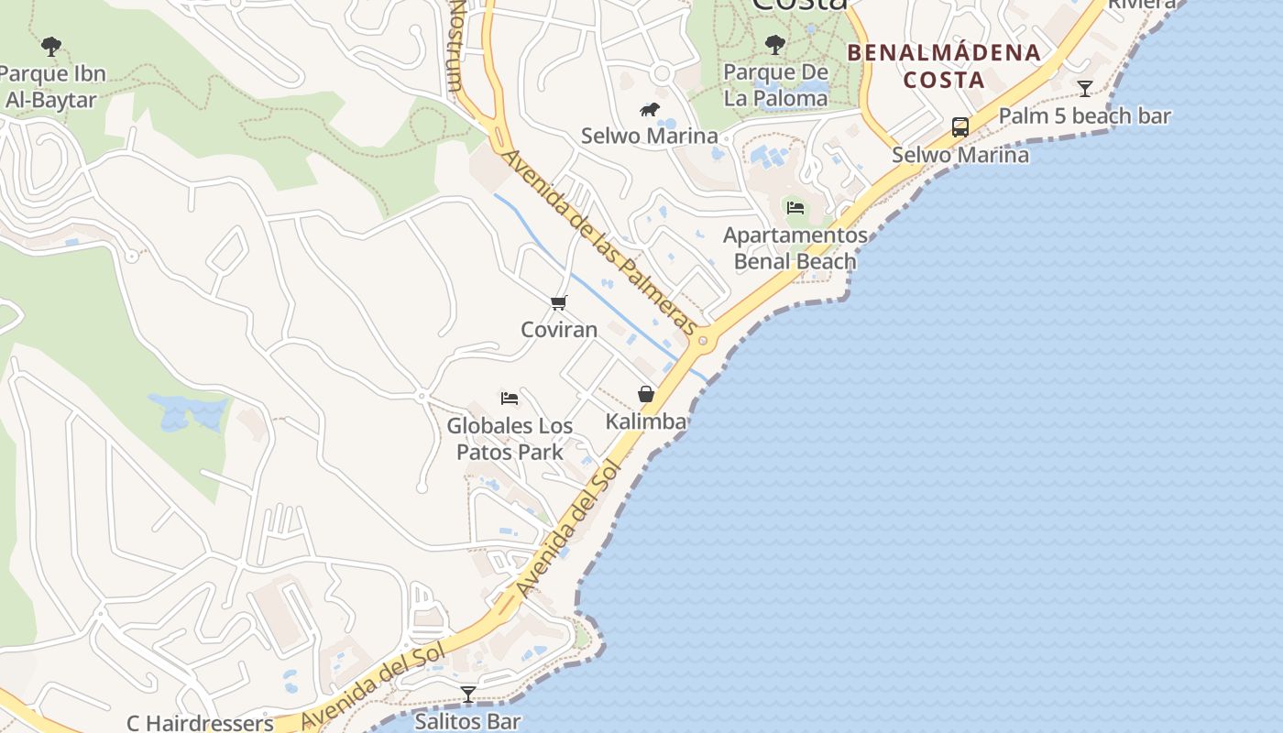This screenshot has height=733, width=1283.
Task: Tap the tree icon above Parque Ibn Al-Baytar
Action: click(51, 46)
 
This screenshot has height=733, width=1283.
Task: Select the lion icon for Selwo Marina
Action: click(650, 111)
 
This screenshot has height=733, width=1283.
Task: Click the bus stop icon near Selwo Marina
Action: click(960, 127)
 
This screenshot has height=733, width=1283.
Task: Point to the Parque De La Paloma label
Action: click(775, 85)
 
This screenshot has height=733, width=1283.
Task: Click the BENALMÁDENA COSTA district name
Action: click(944, 66)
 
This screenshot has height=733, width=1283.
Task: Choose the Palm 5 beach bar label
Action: click(1084, 116)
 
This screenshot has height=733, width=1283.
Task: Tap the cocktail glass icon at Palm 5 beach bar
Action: click(1085, 89)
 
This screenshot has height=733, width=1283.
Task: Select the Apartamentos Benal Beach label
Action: click(795, 248)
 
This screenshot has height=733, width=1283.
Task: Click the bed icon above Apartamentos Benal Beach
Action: click(795, 208)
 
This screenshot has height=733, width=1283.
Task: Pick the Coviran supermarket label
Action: click(559, 330)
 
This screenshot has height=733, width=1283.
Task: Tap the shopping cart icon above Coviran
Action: click(559, 302)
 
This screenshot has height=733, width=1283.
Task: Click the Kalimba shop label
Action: click(646, 421)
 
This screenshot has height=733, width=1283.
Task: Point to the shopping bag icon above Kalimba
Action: click(646, 394)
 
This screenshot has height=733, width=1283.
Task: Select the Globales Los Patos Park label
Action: click(510, 439)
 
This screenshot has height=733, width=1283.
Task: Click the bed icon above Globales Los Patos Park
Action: click(510, 399)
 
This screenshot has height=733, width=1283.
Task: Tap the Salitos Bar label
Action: click(467, 722)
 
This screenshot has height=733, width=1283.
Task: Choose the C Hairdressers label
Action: click(200, 723)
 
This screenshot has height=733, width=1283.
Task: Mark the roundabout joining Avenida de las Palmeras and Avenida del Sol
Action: click(703, 342)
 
